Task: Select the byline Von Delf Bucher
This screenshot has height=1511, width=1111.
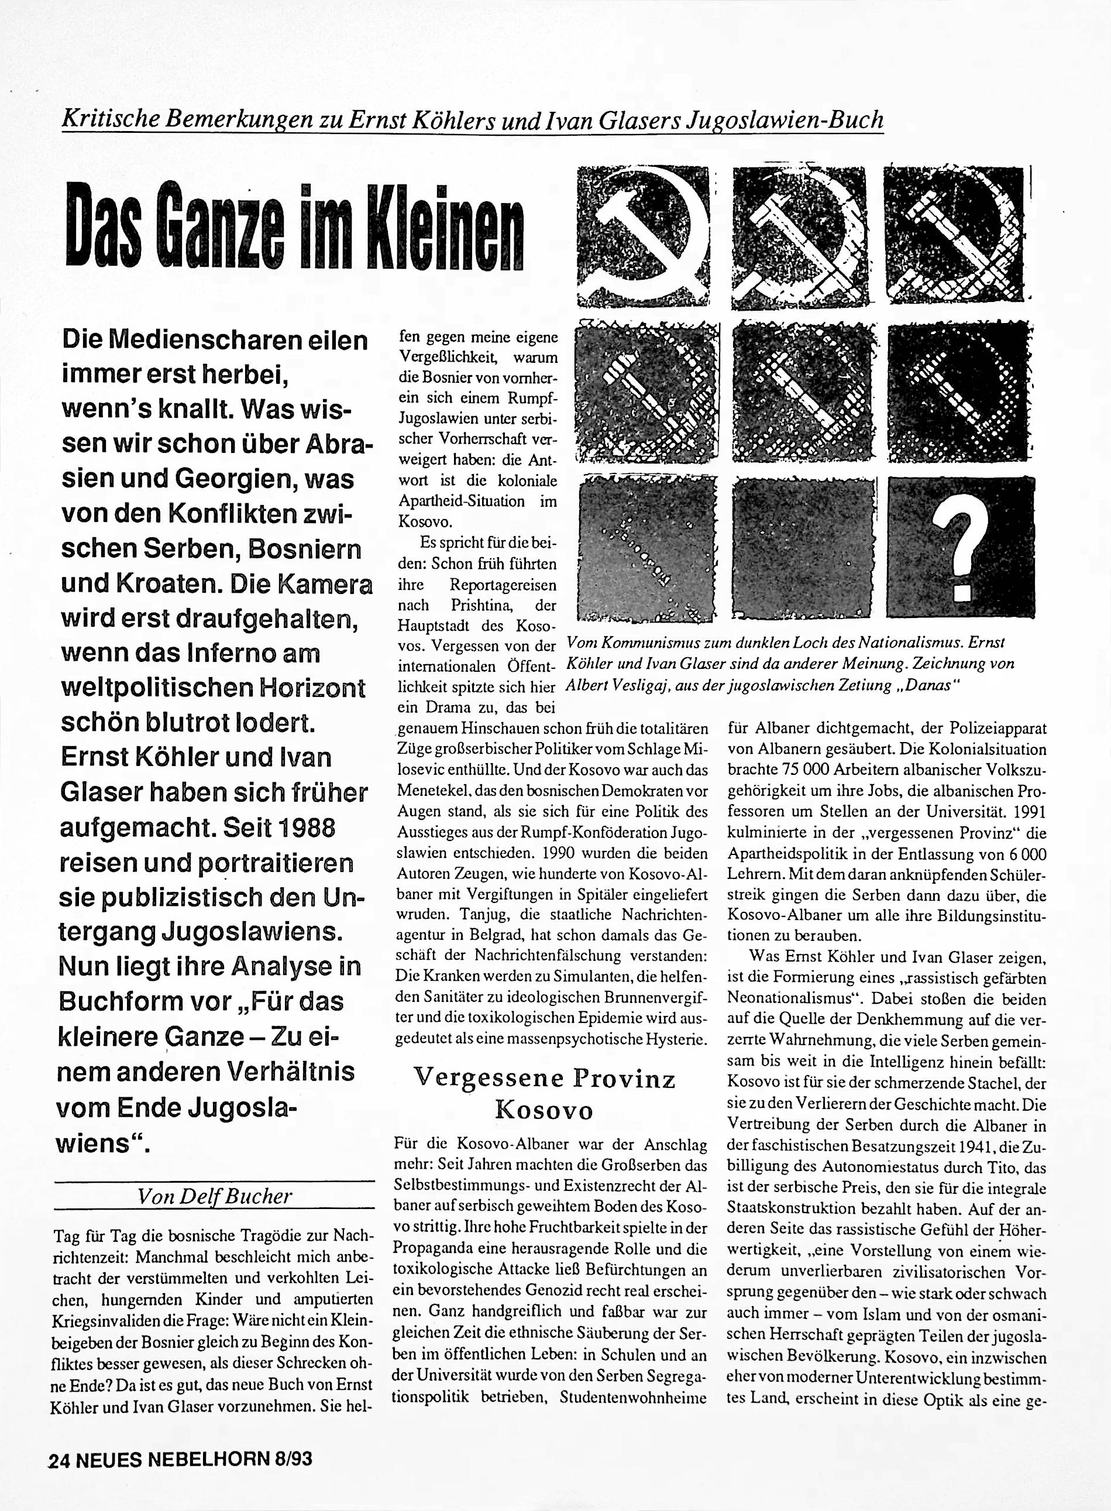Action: click(x=215, y=1196)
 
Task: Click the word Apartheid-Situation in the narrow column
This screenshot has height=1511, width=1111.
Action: click(x=462, y=500)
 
